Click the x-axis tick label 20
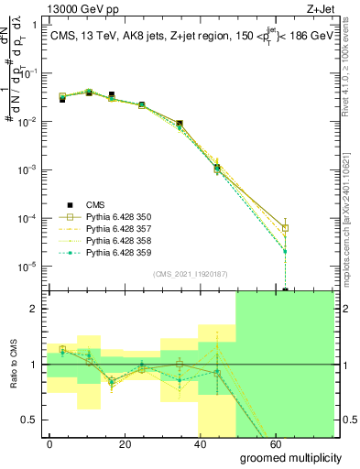[x=136, y=442]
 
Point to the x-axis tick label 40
[x=221, y=442]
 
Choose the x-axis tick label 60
[x=306, y=442]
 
